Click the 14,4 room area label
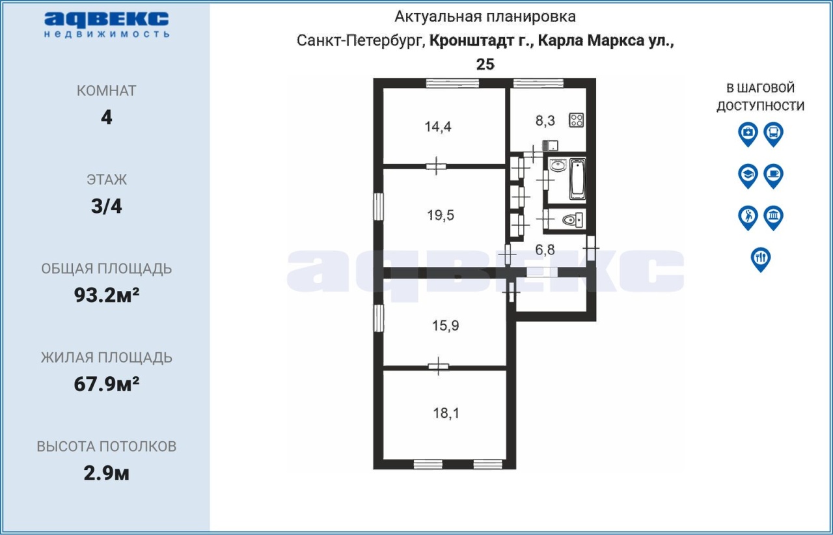(x=438, y=127)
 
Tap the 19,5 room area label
(x=441, y=215)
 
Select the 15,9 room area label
(x=446, y=325)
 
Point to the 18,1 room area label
(x=446, y=413)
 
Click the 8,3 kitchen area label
(x=545, y=120)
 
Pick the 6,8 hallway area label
(x=545, y=250)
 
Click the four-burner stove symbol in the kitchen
(x=577, y=120)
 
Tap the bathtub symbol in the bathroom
(x=577, y=179)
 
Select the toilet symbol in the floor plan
(x=572, y=220)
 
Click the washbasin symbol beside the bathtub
(x=558, y=165)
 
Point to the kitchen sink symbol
(x=550, y=146)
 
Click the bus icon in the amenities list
(x=774, y=134)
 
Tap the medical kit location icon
(x=748, y=134)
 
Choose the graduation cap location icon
(x=748, y=176)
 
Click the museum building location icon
(x=774, y=218)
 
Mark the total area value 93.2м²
(x=107, y=295)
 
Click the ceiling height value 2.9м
(x=107, y=473)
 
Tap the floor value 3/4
(x=107, y=206)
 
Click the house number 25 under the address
(x=485, y=64)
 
